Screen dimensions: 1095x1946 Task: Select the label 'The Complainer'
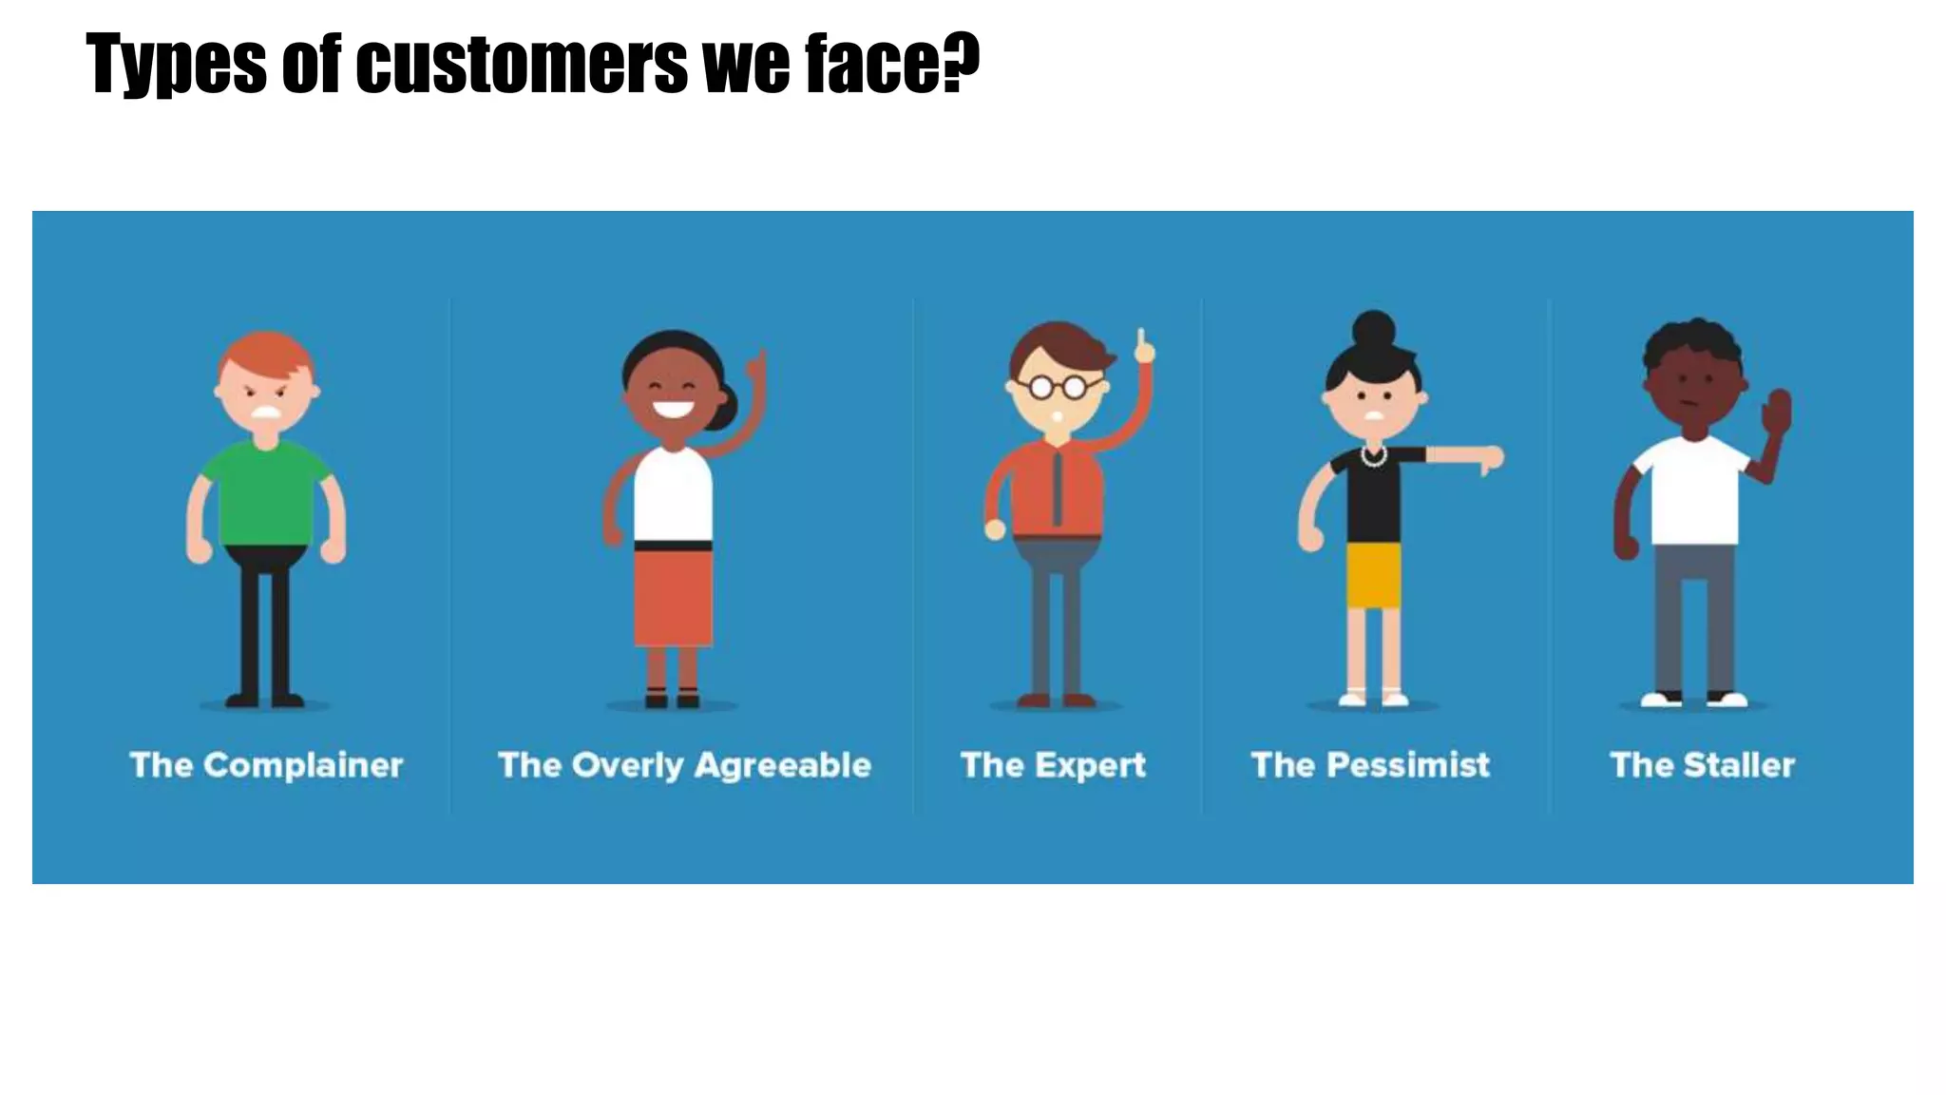pyautogui.click(x=266, y=765)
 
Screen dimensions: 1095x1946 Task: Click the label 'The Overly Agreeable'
pyautogui.click(x=684, y=765)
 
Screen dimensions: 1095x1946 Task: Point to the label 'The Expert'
pyautogui.click(x=1053, y=765)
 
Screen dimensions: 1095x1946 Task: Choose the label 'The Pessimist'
pyautogui.click(x=1370, y=765)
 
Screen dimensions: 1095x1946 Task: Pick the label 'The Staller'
pyautogui.click(x=1702, y=765)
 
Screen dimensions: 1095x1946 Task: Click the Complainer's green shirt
pyautogui.click(x=266, y=494)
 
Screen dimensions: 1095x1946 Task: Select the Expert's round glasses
pyautogui.click(x=1057, y=387)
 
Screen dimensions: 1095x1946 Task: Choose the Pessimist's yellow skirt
pyautogui.click(x=1373, y=576)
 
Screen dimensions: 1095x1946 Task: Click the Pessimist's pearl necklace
pyautogui.click(x=1373, y=458)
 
